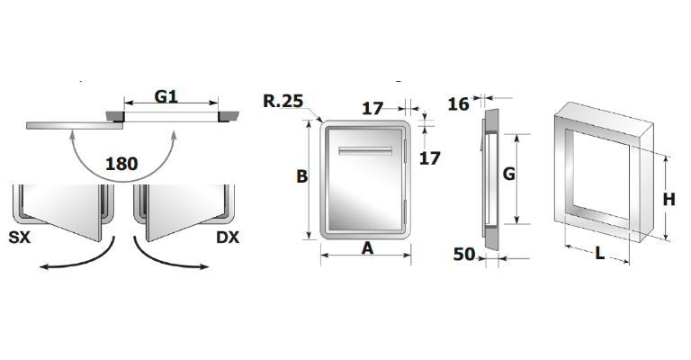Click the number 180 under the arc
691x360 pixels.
pyautogui.click(x=122, y=165)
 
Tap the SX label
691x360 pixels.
pyautogui.click(x=21, y=238)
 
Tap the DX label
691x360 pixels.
pyautogui.click(x=229, y=238)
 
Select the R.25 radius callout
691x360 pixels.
pyautogui.click(x=282, y=101)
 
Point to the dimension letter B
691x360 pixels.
pyautogui.click(x=303, y=177)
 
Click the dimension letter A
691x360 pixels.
pyautogui.click(x=367, y=248)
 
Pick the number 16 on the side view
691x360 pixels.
pyautogui.click(x=458, y=104)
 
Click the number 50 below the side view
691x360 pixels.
pyautogui.click(x=463, y=255)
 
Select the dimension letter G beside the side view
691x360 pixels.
pyautogui.click(x=507, y=175)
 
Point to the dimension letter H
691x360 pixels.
pyautogui.click(x=669, y=200)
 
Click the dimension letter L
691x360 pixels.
pyautogui.click(x=600, y=254)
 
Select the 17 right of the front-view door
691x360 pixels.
pyautogui.click(x=430, y=158)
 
